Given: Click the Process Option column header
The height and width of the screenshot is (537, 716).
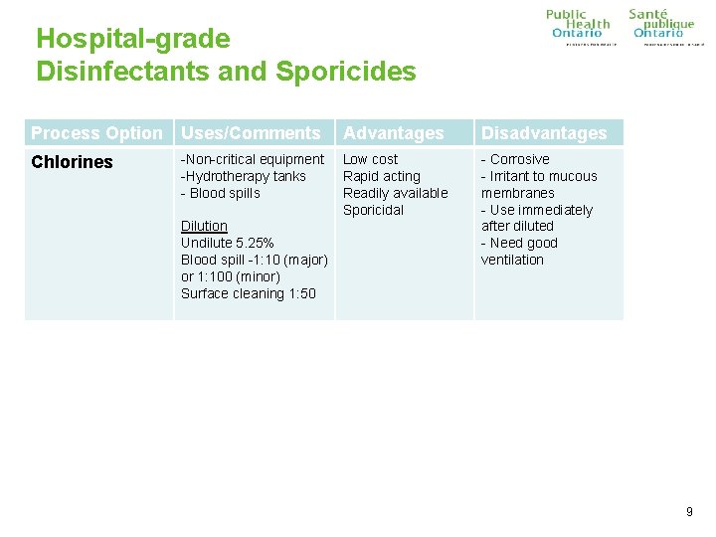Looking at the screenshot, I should (x=96, y=133).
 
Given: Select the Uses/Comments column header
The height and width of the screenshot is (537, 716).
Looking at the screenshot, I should (x=251, y=133).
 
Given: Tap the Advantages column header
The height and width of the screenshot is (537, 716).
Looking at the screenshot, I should (x=394, y=133).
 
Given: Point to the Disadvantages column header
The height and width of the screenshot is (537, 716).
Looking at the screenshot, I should (x=544, y=133).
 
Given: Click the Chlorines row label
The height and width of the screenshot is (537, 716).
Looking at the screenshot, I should (x=72, y=162).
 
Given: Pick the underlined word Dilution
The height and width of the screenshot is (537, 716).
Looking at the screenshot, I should (x=204, y=226).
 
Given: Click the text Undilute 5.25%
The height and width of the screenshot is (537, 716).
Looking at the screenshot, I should (x=227, y=243).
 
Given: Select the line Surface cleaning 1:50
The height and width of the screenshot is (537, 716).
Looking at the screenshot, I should (x=248, y=293).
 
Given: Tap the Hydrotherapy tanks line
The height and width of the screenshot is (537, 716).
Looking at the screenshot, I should (x=244, y=176).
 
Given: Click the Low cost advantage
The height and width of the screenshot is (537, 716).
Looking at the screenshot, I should (x=370, y=159).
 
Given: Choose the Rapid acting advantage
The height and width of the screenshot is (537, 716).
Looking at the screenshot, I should (x=382, y=176).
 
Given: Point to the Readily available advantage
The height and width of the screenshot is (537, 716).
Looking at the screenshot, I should (x=396, y=193).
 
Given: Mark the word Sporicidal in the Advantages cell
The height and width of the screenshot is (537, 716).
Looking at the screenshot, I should (x=373, y=210).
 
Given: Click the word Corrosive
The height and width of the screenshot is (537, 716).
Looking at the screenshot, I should (x=519, y=159).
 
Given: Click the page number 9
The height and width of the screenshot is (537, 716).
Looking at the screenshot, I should (x=689, y=512).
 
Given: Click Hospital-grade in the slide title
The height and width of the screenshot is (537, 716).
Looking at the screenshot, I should (x=132, y=39).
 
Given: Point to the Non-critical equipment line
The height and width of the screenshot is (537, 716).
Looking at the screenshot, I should (x=253, y=159).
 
